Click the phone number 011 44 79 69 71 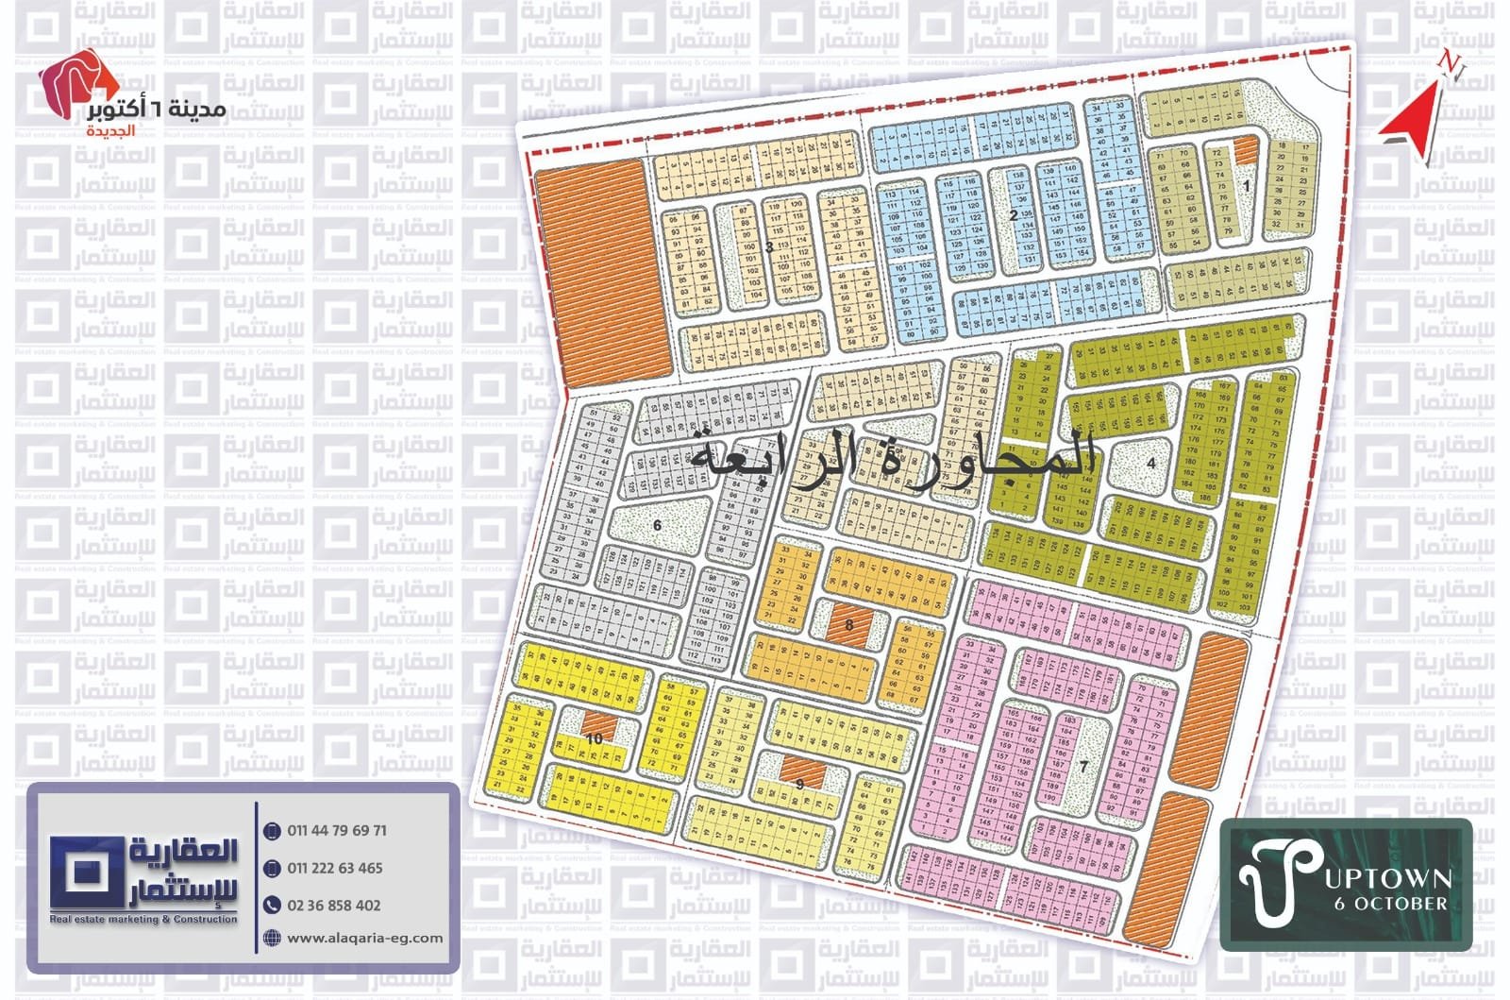[337, 831]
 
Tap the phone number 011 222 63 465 [335, 868]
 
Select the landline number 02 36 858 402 [334, 905]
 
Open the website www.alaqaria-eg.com [364, 938]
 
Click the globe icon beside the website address [272, 938]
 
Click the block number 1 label [1246, 186]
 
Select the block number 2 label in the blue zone [1014, 215]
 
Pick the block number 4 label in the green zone [1151, 463]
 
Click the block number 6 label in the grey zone [657, 525]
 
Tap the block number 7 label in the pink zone [1083, 766]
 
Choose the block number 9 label [799, 783]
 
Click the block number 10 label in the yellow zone [594, 738]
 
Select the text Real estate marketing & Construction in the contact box [143, 919]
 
